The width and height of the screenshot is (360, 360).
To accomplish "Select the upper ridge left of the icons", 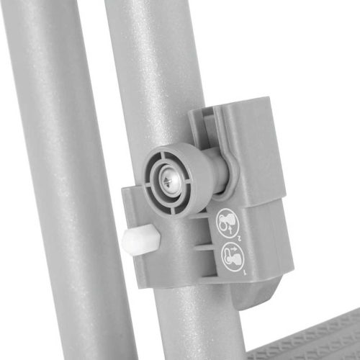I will point(204,231).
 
